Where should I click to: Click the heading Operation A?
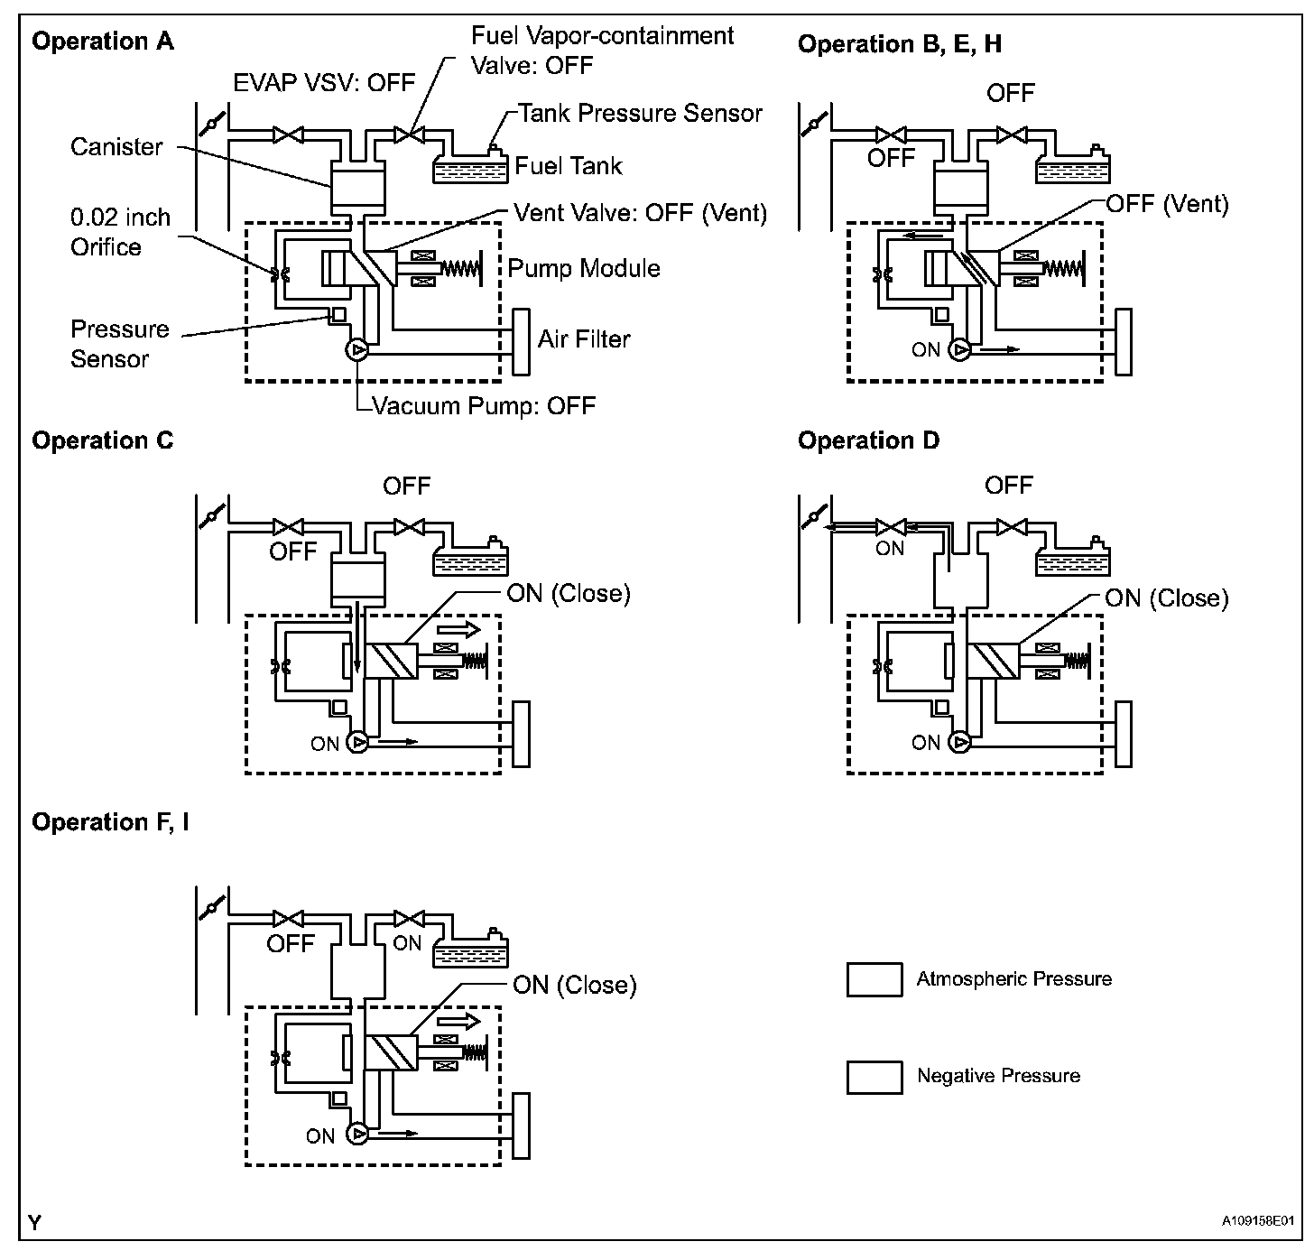coord(103,42)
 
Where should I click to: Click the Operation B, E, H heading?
coord(899,44)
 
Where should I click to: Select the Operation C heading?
coord(102,440)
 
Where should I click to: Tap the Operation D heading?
coord(868,440)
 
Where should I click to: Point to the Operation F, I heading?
coord(110,822)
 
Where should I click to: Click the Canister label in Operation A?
coord(116,147)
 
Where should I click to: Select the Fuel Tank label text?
coord(569,166)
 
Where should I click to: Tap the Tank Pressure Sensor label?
coord(641,114)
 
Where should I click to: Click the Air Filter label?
coord(584,339)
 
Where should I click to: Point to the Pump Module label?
coord(584,268)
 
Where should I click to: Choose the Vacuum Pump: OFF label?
coord(485,406)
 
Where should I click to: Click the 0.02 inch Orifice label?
coord(120,233)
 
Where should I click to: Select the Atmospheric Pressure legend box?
coord(874,980)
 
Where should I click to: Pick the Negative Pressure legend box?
coord(874,1077)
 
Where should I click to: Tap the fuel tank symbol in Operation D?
coord(1072,561)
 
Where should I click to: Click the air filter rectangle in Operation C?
coord(521,733)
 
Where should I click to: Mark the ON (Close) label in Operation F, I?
coord(574,985)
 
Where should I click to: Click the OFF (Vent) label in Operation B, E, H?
coord(1167,204)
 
